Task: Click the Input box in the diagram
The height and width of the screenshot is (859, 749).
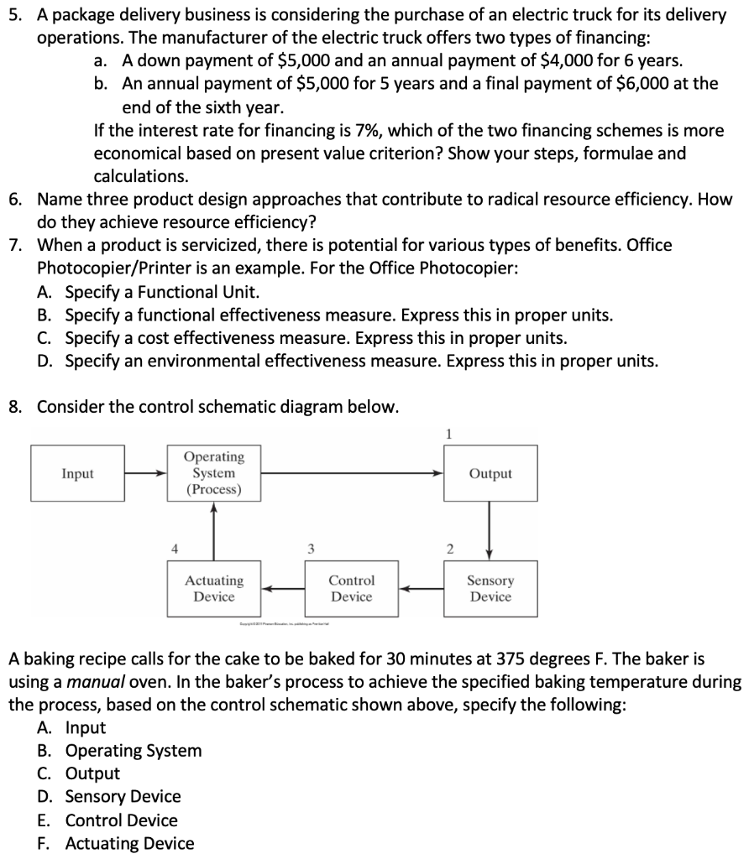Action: tap(77, 474)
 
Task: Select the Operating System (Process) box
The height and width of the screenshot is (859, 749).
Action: tap(213, 474)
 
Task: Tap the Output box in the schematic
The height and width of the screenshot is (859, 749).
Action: tap(490, 474)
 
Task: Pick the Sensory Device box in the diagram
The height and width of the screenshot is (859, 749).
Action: tap(490, 588)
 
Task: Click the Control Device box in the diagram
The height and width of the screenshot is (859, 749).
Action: tap(351, 588)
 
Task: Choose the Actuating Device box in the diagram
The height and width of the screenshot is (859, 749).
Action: tap(213, 588)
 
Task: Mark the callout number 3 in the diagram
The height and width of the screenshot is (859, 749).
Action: tap(310, 549)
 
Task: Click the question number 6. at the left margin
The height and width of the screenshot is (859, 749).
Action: tap(17, 200)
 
